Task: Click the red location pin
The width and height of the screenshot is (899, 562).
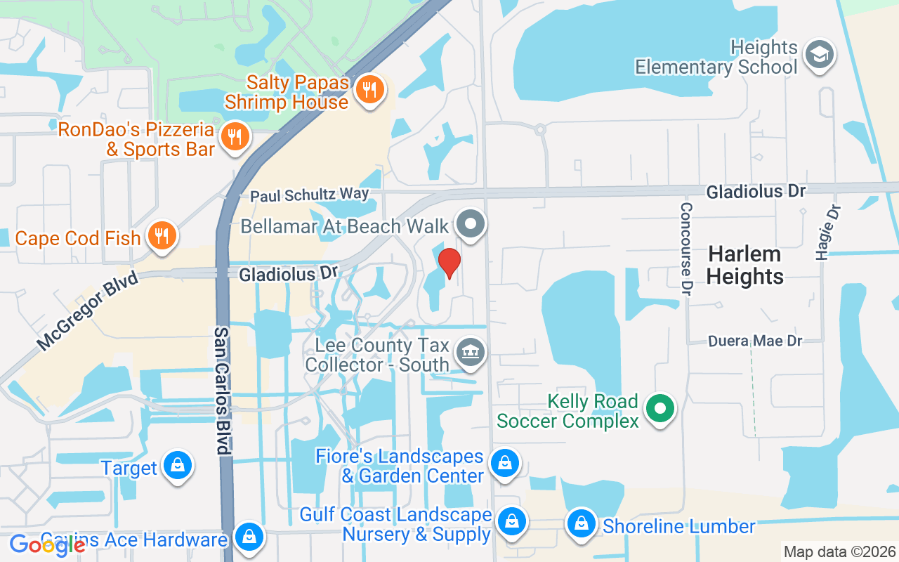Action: (449, 263)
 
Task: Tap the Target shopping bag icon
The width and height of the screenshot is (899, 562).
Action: (178, 465)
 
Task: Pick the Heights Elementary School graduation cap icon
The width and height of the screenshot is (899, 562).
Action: (819, 55)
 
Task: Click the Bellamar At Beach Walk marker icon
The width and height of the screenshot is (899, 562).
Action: (471, 225)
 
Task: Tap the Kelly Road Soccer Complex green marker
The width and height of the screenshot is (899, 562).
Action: (660, 408)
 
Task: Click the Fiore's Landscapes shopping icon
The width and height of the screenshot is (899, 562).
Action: (504, 463)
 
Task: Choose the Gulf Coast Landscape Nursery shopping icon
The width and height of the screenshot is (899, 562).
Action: (511, 522)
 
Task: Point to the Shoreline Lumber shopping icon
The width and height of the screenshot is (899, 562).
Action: (582, 523)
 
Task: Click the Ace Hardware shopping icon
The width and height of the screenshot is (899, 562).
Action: (249, 537)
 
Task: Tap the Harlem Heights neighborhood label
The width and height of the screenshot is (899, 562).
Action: (745, 265)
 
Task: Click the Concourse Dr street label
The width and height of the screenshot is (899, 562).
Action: (686, 249)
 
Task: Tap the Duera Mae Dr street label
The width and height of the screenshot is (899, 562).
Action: (755, 341)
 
